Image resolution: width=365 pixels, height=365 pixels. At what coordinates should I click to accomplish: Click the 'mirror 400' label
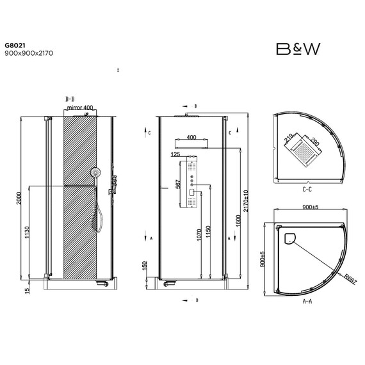pyautogui.click(x=80, y=108)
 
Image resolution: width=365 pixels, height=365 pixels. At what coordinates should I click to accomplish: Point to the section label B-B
pyautogui.click(x=70, y=99)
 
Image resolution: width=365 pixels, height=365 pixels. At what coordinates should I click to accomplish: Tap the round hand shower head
pyautogui.click(x=97, y=173)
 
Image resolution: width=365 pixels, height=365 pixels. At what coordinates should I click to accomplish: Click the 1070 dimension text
pyautogui.click(x=199, y=234)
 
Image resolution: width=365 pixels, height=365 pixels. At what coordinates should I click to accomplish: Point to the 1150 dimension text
pyautogui.click(x=209, y=232)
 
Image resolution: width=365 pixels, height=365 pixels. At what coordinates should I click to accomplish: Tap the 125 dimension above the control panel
pyautogui.click(x=176, y=154)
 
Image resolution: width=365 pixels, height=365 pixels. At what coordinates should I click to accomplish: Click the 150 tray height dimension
pyautogui.click(x=145, y=265)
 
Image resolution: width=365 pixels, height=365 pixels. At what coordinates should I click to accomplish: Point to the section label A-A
pyautogui.click(x=306, y=299)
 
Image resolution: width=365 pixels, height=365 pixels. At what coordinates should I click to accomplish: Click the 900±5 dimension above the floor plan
pyautogui.click(x=310, y=207)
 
